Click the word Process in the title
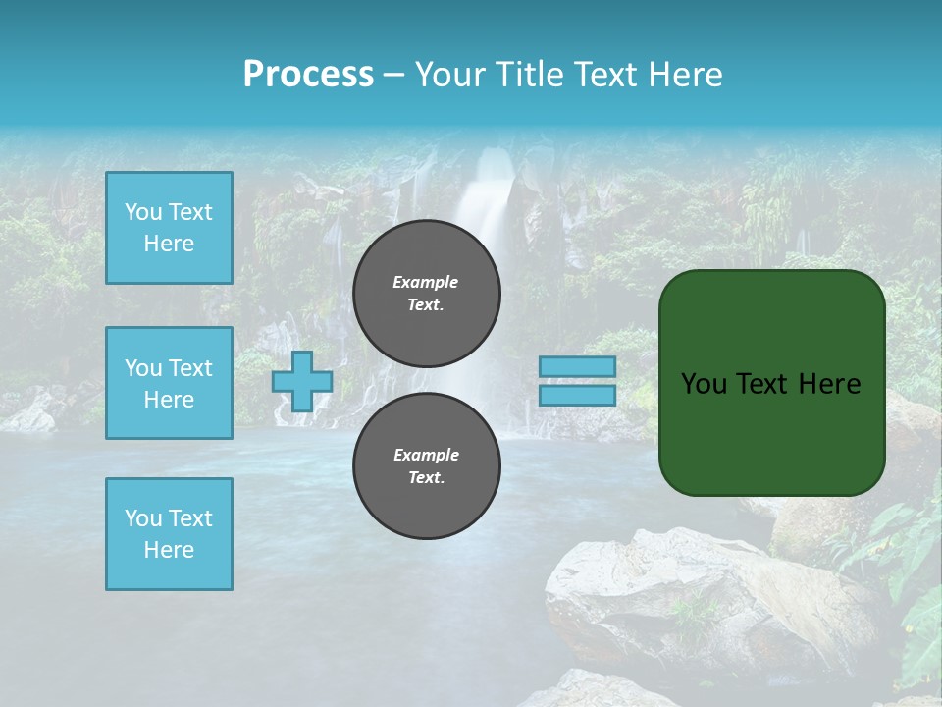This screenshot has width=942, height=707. click(x=308, y=74)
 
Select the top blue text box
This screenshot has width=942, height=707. click(x=169, y=228)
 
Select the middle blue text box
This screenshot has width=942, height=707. click(x=169, y=383)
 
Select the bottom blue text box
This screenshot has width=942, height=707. click(x=169, y=534)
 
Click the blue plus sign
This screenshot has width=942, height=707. click(x=302, y=381)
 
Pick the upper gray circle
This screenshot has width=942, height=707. click(x=427, y=294)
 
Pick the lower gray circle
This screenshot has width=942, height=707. click(x=427, y=466)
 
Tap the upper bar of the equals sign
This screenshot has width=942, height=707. click(x=578, y=366)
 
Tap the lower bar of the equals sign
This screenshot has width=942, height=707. click(x=578, y=395)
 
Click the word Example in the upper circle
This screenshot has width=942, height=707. click(x=426, y=282)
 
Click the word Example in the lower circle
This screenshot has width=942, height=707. click(x=426, y=455)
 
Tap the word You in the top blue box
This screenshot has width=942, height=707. click(x=142, y=212)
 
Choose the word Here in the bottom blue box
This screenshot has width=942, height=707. click(x=169, y=550)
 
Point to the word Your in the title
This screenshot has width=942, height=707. click(x=449, y=74)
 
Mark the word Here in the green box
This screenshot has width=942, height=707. click(x=830, y=384)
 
